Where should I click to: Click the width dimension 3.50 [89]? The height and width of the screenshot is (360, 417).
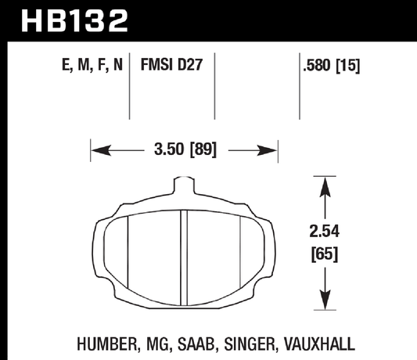185,147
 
